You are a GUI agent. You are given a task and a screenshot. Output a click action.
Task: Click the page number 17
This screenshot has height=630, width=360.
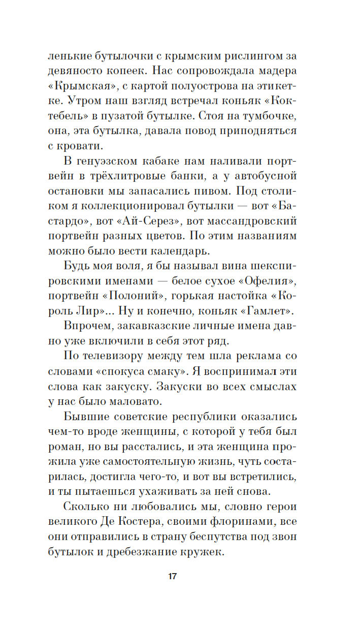172,576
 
